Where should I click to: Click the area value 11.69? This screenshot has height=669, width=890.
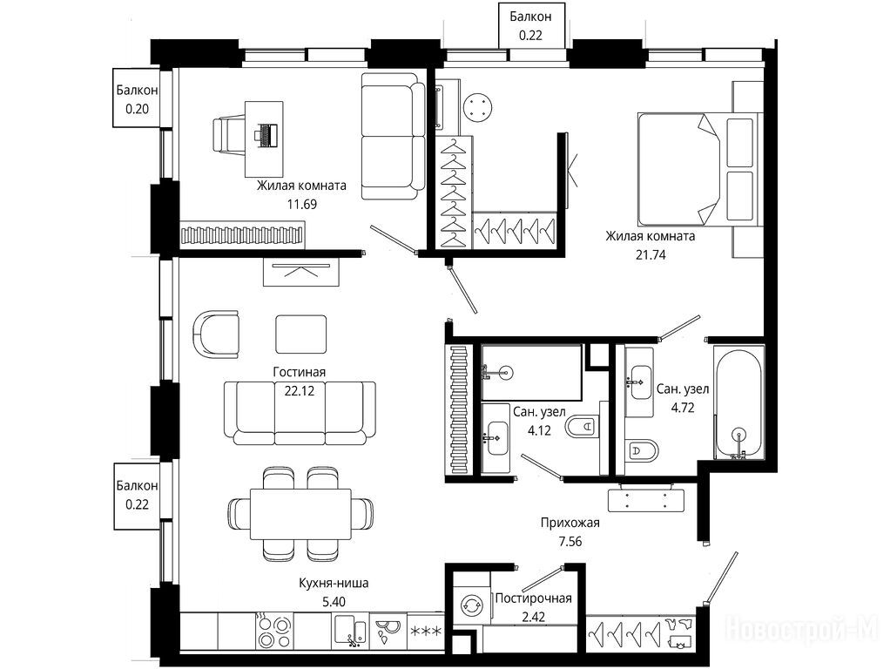coord(302,205)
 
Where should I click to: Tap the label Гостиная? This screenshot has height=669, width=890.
coord(299,372)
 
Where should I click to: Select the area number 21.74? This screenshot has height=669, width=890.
coord(651,255)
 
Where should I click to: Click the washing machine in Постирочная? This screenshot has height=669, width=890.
coord(471,605)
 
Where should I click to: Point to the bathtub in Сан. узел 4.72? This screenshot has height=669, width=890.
coord(738,404)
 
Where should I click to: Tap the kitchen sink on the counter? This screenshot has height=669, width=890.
coord(350,631)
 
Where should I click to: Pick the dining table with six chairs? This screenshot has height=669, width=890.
coord(300,515)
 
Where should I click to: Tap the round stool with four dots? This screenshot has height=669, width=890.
coord(477,107)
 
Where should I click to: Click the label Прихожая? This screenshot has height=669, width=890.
coord(570,523)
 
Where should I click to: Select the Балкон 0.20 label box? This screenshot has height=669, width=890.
coord(136,98)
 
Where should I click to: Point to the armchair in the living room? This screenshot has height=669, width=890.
coord(216,334)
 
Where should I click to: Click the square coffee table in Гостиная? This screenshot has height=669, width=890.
coord(300,334)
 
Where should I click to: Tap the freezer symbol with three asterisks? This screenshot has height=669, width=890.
coord(426,631)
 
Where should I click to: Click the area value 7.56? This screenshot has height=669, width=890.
coord(570,542)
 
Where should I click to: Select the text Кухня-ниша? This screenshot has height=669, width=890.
coord(334,584)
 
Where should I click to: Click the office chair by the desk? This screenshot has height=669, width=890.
coord(229,135)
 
